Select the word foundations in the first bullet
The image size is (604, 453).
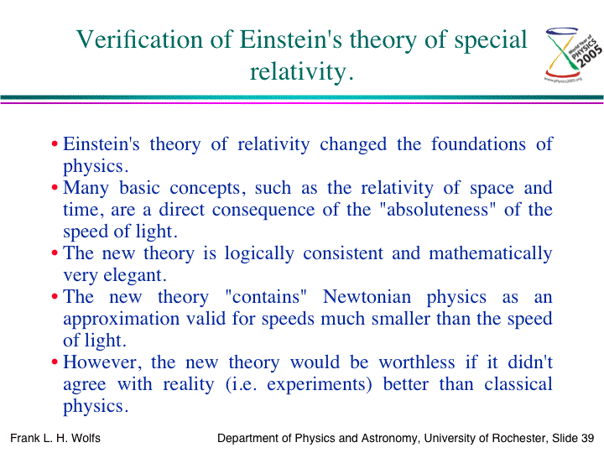coord(478,144)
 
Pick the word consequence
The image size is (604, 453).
coord(263,211)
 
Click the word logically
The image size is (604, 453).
coord(259,254)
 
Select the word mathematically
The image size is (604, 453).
coord(491,254)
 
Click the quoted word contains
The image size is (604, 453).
coord(266,297)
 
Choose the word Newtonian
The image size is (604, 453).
coord(367,297)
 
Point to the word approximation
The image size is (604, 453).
coord(122,320)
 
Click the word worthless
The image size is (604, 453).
coord(417,362)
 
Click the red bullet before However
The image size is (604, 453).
coord(55,362)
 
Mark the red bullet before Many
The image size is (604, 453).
coord(55,188)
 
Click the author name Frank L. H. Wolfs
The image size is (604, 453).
coord(55,438)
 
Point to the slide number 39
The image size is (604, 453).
coord(587,438)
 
